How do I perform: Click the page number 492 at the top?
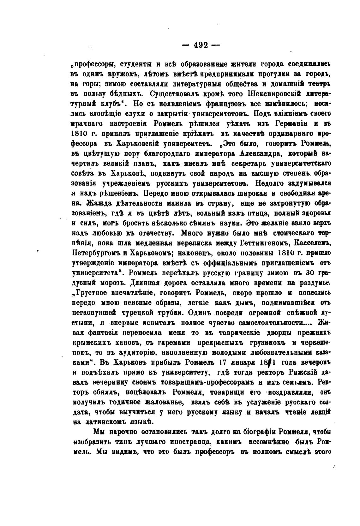201,45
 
